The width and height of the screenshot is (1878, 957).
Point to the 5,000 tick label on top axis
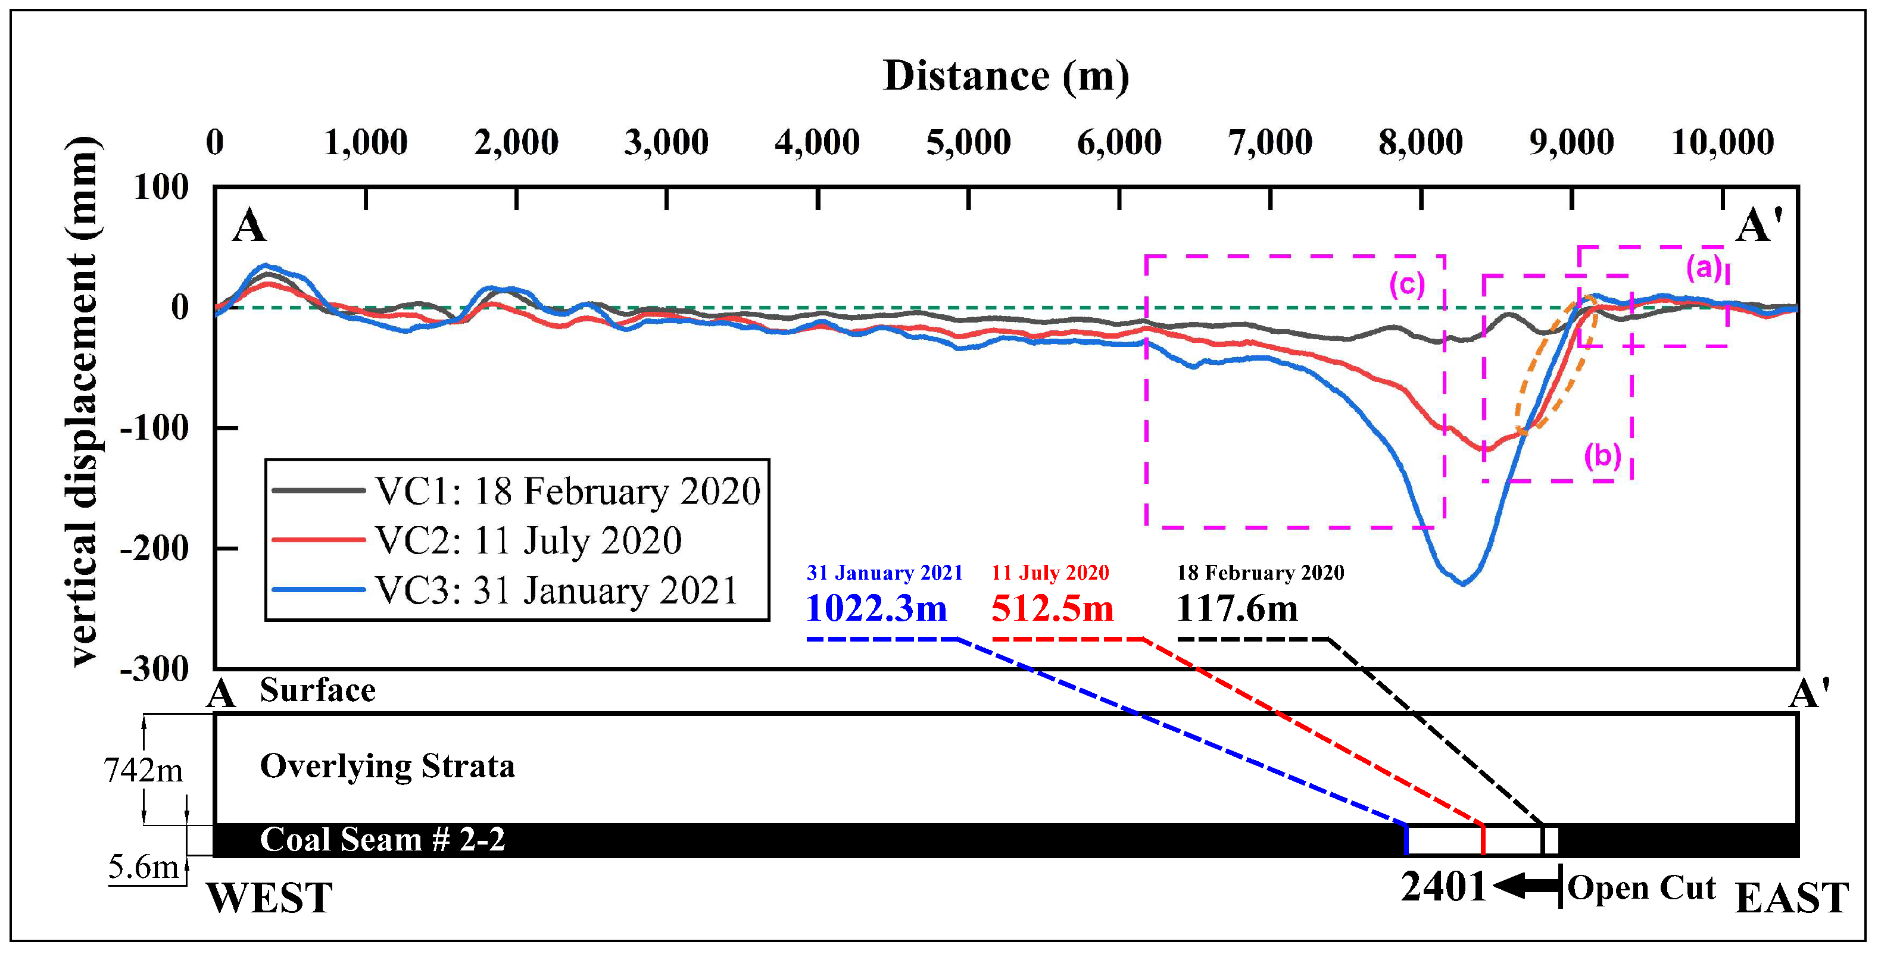(x=968, y=142)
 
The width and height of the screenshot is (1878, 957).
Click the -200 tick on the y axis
(x=154, y=548)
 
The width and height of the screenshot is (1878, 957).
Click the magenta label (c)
(x=1406, y=284)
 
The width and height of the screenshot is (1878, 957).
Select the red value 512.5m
(x=1052, y=608)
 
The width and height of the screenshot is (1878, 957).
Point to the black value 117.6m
(x=1237, y=608)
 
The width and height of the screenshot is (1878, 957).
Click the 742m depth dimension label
(x=143, y=770)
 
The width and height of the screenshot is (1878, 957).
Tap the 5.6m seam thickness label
(x=143, y=867)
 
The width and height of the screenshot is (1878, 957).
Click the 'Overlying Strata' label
(x=387, y=766)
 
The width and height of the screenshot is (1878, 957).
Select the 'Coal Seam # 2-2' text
(x=382, y=840)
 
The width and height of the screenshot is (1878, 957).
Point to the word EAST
(x=1791, y=898)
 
